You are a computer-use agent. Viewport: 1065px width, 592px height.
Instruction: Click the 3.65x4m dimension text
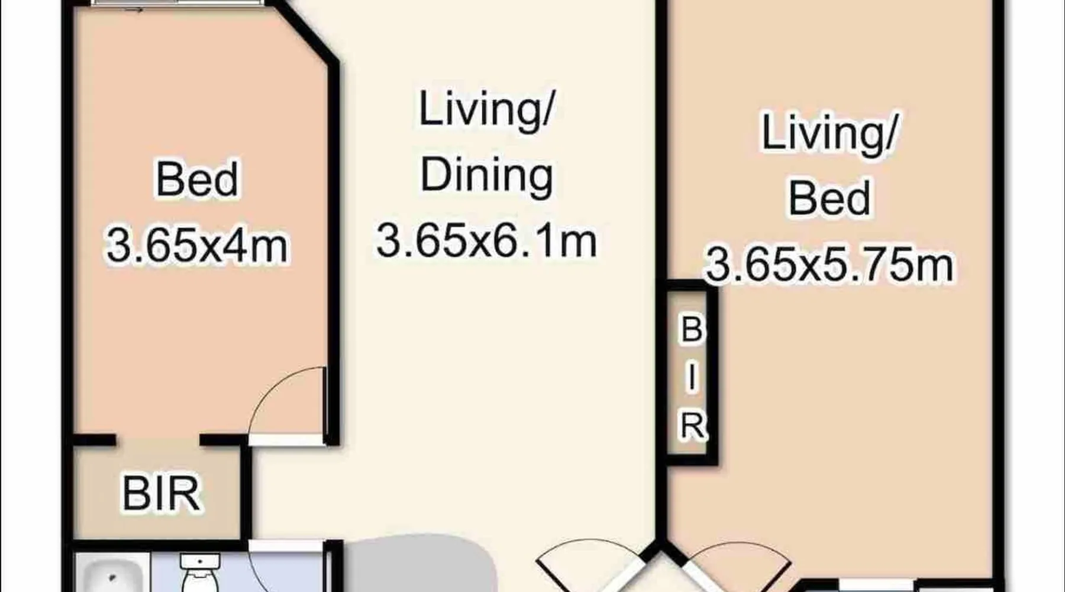(197, 246)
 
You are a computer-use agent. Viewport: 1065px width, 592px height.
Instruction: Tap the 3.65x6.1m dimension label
(486, 240)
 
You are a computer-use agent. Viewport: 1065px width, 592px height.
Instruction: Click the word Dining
(486, 176)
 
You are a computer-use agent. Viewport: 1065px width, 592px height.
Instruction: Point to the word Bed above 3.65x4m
(197, 179)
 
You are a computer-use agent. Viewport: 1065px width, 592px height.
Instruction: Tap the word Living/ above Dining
(486, 109)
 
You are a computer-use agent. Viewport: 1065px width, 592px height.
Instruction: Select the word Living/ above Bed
(830, 133)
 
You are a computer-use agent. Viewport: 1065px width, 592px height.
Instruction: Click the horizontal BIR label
(161, 493)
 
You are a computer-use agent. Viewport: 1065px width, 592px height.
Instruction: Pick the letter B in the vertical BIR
(692, 330)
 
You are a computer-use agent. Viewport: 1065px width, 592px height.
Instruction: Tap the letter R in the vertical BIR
(692, 425)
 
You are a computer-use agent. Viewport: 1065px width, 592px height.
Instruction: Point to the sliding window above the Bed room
(177, 3)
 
